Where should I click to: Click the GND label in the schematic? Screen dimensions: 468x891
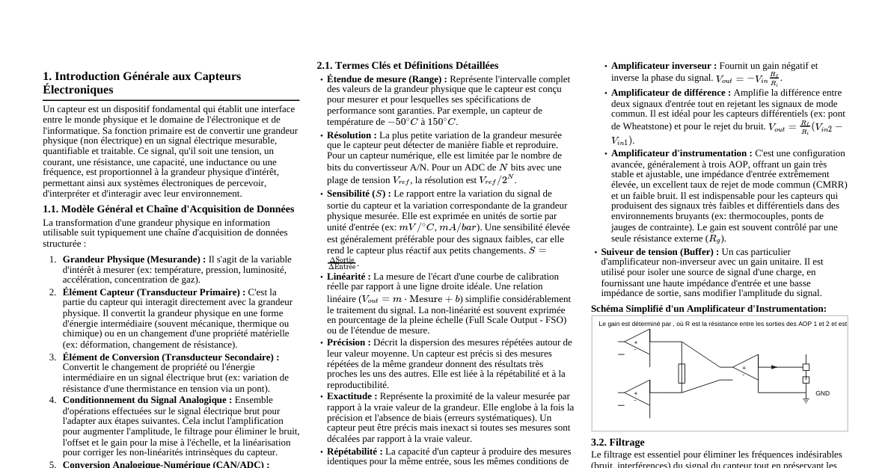(x=822, y=393)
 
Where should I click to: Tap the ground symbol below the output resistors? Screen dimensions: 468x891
(x=806, y=400)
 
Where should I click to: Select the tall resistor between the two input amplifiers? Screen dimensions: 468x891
(x=682, y=373)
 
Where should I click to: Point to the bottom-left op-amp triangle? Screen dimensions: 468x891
(x=637, y=393)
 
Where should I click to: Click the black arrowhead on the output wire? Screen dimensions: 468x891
(x=774, y=367)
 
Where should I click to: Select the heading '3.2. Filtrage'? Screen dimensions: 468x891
(x=617, y=443)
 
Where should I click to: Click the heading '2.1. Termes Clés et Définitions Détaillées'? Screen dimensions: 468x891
(x=407, y=66)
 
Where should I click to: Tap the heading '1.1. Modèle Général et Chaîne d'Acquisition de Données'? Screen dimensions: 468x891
(x=168, y=209)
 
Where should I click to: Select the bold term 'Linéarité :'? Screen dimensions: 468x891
(x=349, y=277)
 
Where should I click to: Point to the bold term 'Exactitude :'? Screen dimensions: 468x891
(x=352, y=396)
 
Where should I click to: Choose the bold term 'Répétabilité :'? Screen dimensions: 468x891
(x=355, y=452)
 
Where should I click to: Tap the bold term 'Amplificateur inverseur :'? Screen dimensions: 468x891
(x=664, y=66)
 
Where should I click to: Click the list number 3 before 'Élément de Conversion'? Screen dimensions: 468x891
(x=53, y=357)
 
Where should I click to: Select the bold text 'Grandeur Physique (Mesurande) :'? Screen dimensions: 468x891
(x=134, y=259)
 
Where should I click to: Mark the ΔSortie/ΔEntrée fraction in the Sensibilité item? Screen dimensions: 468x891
(x=343, y=263)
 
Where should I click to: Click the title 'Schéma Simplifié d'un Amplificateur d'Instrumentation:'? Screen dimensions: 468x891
(x=708, y=309)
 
